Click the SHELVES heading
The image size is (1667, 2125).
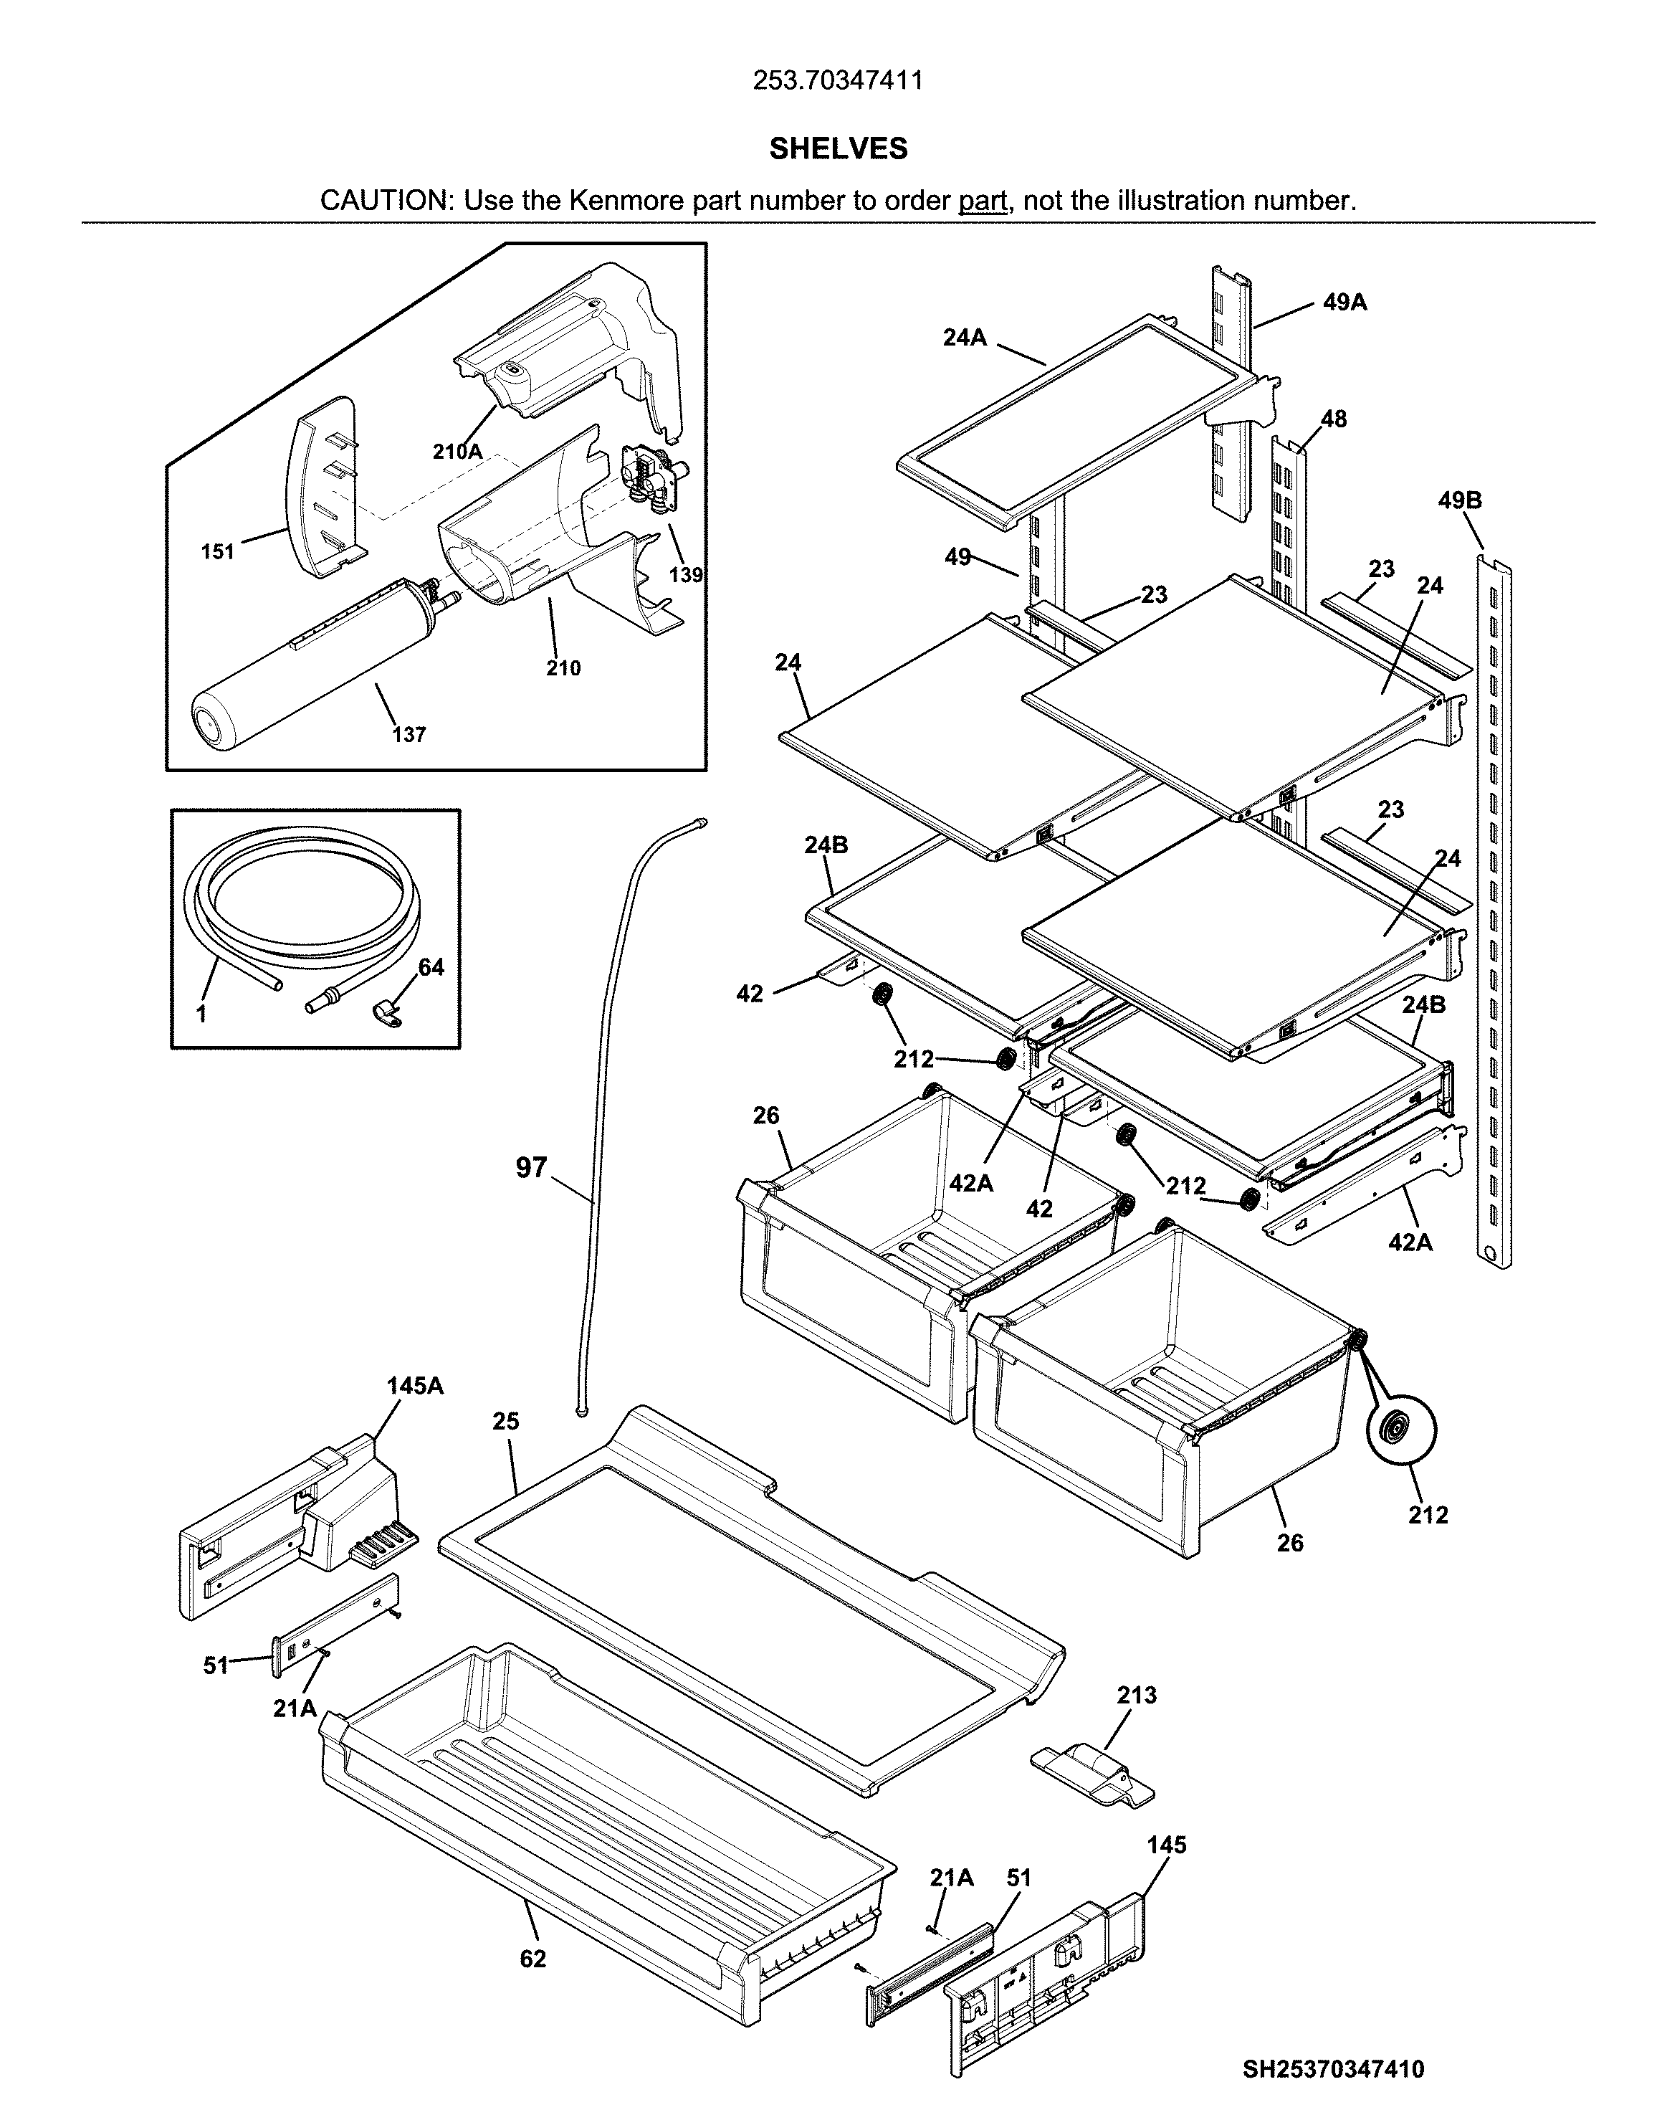837,148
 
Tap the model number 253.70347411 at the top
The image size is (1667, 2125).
837,80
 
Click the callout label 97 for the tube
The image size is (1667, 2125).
532,1167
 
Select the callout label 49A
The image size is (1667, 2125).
1345,303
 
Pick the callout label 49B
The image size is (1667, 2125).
1459,500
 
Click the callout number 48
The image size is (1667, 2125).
1333,419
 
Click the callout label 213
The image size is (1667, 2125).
1137,1695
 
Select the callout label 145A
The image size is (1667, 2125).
415,1385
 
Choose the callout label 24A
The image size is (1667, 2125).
964,338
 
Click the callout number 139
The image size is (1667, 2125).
685,575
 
